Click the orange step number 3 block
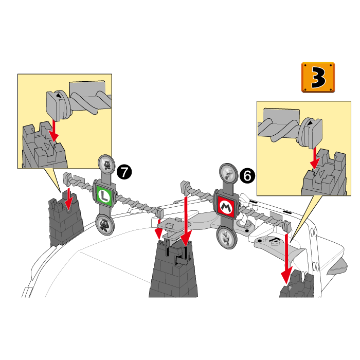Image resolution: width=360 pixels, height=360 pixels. (x=318, y=77)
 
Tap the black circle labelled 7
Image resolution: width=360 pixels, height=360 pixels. (x=124, y=172)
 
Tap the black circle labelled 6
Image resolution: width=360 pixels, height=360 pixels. (x=247, y=176)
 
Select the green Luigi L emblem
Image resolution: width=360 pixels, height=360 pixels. (x=104, y=196)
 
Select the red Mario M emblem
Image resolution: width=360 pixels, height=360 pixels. (x=226, y=207)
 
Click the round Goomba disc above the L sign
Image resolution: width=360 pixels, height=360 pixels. (x=106, y=163)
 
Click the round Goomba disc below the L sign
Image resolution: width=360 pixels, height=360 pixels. (x=105, y=224)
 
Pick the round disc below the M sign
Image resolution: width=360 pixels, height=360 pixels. (x=226, y=238)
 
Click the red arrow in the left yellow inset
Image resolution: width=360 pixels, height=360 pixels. (x=54, y=130)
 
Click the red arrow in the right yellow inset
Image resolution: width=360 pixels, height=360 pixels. (x=315, y=158)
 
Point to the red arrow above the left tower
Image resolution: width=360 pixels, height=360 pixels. (x=68, y=199)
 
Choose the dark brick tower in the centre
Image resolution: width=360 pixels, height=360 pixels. (x=173, y=268)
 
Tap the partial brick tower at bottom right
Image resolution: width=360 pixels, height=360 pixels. (x=297, y=285)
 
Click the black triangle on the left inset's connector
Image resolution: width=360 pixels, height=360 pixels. (x=59, y=96)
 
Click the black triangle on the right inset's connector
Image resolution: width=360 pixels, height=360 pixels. (x=310, y=123)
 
